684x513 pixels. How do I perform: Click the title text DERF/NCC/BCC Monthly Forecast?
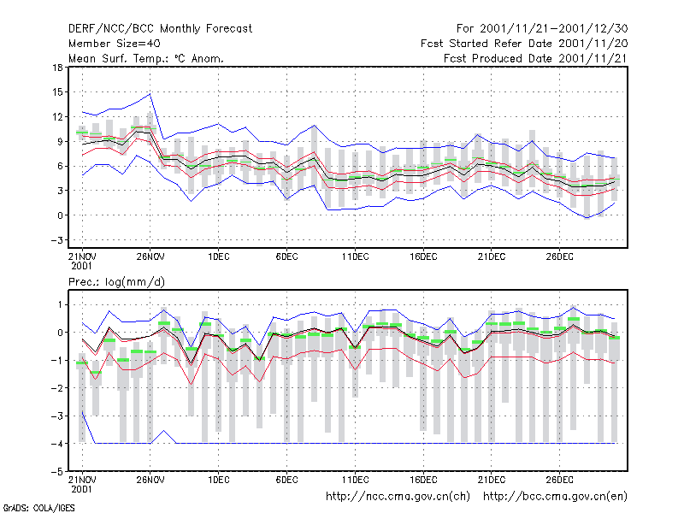tap(160, 29)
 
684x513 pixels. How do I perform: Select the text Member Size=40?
tap(115, 44)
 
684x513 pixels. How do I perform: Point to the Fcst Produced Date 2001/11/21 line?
tap(536, 58)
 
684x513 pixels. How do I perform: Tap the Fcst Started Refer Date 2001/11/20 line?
tap(524, 44)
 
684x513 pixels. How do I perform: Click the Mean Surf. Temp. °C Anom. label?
tap(146, 58)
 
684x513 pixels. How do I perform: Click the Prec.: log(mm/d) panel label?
tap(116, 282)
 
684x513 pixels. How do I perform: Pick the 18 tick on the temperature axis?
tap(57, 68)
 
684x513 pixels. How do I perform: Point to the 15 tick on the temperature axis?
tap(57, 92)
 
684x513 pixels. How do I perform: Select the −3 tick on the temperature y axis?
tap(56, 240)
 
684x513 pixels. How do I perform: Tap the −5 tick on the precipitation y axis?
tap(56, 471)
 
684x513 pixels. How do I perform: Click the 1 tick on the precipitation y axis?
tap(60, 304)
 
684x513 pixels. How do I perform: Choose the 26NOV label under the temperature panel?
tap(150, 256)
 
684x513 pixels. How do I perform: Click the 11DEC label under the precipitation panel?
tap(355, 480)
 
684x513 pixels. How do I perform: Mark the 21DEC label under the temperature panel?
tap(492, 256)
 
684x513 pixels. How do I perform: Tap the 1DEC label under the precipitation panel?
tap(219, 480)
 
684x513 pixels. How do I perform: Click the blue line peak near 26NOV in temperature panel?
tap(150, 94)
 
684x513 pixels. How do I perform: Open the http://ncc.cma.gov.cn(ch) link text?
tap(398, 497)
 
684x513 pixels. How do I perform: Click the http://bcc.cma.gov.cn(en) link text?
tap(555, 497)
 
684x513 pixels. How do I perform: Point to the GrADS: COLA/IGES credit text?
tap(38, 508)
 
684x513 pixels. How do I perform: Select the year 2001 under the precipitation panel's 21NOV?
tap(81, 489)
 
